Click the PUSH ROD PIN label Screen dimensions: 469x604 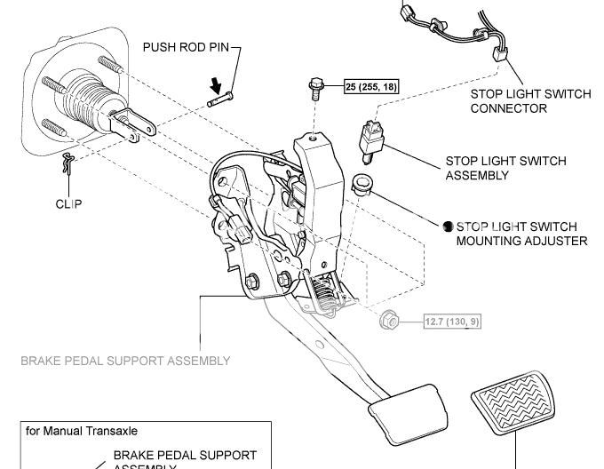[187, 46]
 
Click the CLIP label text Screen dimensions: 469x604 [68, 203]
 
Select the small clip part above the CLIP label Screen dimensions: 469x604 [69, 163]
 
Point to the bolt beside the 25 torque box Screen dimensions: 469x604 [316, 86]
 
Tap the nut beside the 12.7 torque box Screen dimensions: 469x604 [388, 320]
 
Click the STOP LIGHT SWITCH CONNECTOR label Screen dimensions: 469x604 [521, 101]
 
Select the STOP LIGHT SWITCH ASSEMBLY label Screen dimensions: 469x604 [505, 168]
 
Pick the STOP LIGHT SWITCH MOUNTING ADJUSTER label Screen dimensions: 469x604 [521, 234]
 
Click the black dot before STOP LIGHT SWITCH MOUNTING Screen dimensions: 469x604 [449, 227]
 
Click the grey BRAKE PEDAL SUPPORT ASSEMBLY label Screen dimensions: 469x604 [125, 361]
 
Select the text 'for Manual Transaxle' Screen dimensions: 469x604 [82, 431]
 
